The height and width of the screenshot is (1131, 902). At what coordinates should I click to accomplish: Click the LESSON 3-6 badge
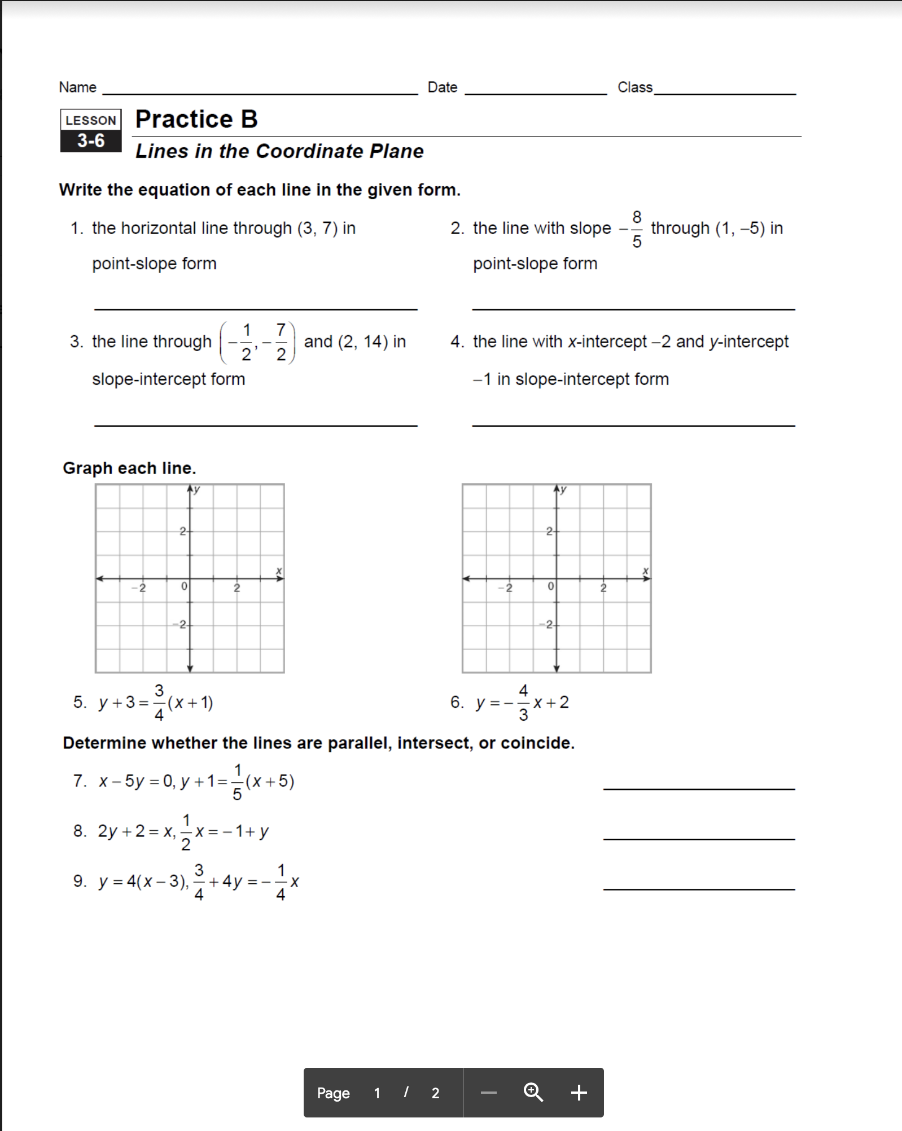(91, 130)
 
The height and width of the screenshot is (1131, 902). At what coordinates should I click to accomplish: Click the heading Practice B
(196, 120)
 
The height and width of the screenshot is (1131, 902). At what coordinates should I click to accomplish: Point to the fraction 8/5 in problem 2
(637, 229)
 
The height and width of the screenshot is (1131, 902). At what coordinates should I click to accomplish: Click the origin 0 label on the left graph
(183, 587)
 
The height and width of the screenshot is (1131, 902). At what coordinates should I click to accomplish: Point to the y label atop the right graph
(563, 489)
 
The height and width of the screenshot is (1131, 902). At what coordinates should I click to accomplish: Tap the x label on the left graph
(279, 571)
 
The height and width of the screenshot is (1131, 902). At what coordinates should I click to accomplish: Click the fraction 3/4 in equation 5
(159, 703)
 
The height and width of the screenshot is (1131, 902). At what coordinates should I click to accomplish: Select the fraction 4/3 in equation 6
(523, 703)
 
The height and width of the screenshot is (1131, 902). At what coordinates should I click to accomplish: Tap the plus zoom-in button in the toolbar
(579, 1093)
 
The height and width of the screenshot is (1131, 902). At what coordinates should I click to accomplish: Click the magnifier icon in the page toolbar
(533, 1093)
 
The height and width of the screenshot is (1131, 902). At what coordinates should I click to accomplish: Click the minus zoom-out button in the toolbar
(488, 1093)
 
